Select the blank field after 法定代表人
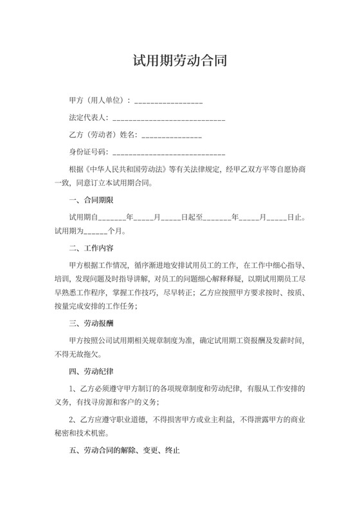[169, 119]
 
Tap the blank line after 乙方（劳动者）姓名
[172, 136]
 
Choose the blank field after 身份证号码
[169, 154]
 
